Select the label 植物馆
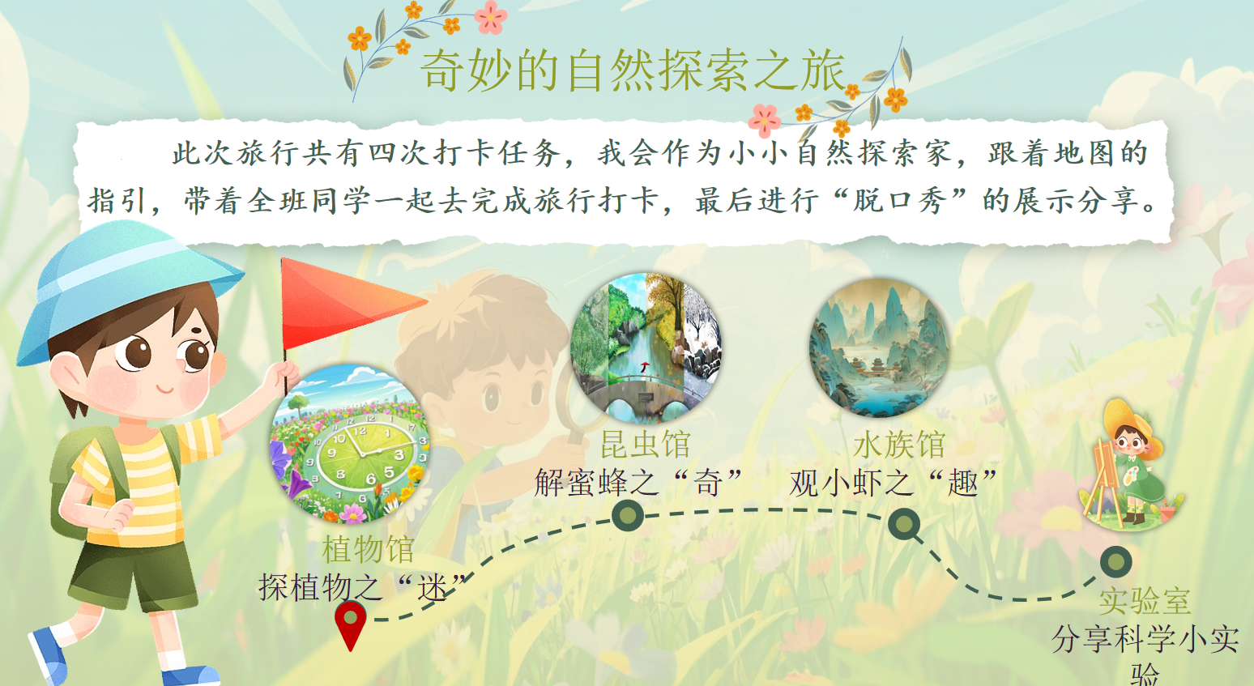coord(368,548)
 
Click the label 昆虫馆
coord(645,444)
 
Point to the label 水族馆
coord(899,445)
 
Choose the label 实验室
coord(1145,601)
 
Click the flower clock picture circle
coord(351,444)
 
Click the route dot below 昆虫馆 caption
coord(628,515)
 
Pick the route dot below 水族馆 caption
coord(903,524)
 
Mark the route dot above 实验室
coord(1115,562)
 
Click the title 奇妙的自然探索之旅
coord(633,70)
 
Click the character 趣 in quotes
coord(963,483)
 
